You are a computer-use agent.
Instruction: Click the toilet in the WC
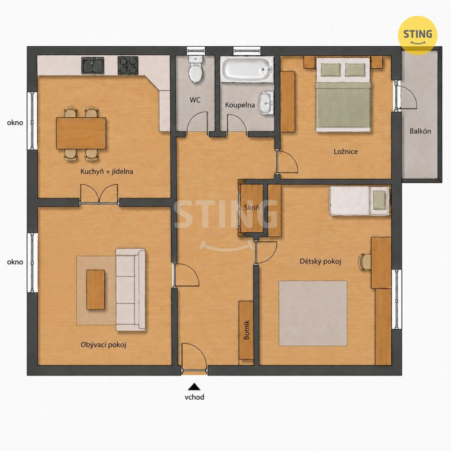(196, 69)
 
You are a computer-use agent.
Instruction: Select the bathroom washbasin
(266, 103)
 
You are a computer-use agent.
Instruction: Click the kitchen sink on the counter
(92, 65)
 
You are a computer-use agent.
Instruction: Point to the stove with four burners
(128, 65)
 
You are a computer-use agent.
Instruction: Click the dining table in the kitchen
(81, 133)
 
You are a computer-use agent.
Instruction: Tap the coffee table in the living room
(95, 290)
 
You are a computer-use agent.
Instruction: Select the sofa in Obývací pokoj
(131, 290)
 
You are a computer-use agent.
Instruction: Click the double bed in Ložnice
(343, 95)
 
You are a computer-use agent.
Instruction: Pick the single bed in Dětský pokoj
(360, 201)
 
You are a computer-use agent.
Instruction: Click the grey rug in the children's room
(313, 313)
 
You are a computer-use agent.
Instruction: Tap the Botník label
(246, 330)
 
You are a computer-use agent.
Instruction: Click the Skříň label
(251, 207)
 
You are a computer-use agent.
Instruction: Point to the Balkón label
(420, 131)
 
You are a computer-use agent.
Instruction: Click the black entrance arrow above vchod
(194, 386)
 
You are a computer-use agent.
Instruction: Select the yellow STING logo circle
(418, 36)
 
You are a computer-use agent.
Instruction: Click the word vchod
(194, 397)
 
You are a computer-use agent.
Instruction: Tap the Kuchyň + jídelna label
(107, 172)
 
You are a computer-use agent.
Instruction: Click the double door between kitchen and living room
(99, 194)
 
